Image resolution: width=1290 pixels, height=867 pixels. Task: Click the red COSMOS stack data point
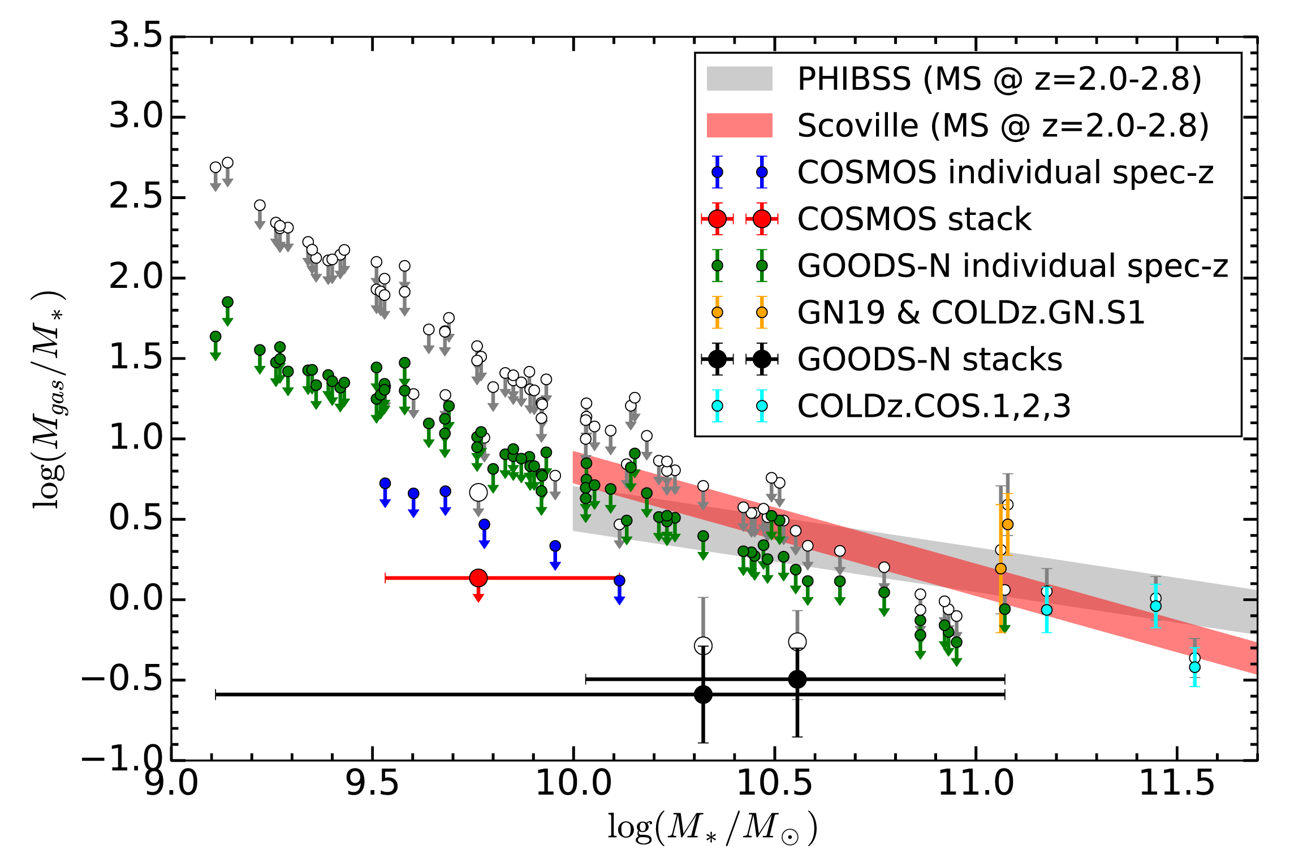tap(478, 578)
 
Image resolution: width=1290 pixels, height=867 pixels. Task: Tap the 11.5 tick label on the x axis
tap(1176, 784)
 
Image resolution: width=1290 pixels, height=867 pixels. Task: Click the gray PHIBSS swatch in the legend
tap(739, 79)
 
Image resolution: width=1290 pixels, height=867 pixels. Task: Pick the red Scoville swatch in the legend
tap(739, 126)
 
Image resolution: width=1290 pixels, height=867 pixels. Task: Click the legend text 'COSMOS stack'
tap(914, 219)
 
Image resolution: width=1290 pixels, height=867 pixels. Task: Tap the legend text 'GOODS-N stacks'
tap(930, 360)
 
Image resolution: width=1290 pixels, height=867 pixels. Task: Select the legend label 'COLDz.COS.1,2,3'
tap(934, 406)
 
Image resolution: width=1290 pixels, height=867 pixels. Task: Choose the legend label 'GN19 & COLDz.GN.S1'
tap(971, 313)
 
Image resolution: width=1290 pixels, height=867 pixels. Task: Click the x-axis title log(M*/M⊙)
tap(713, 828)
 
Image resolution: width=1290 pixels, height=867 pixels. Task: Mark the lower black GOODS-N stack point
tap(703, 695)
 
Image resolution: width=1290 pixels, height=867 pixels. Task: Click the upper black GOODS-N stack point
tap(797, 679)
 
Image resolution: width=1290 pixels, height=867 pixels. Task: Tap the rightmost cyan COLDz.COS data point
tap(1194, 667)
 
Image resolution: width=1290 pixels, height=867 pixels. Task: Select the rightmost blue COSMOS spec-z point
tap(619, 580)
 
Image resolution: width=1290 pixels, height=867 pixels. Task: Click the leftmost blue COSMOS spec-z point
tap(385, 484)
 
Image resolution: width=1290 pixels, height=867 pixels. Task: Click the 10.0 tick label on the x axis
tap(573, 784)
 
